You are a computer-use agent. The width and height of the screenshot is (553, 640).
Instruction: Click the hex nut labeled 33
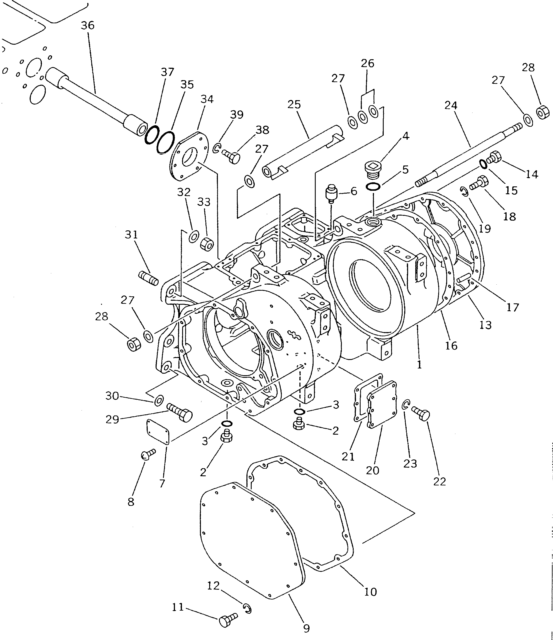point(207,244)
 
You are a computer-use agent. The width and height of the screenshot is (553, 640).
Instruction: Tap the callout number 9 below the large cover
point(306,629)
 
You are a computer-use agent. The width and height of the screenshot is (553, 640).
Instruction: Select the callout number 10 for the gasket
point(370,592)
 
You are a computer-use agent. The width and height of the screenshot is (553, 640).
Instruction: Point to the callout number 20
point(372,470)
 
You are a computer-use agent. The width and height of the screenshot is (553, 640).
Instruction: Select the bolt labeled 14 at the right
point(494,157)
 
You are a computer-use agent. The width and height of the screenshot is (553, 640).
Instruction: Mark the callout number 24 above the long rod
point(451,106)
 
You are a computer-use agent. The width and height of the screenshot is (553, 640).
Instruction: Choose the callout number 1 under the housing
point(419,365)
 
